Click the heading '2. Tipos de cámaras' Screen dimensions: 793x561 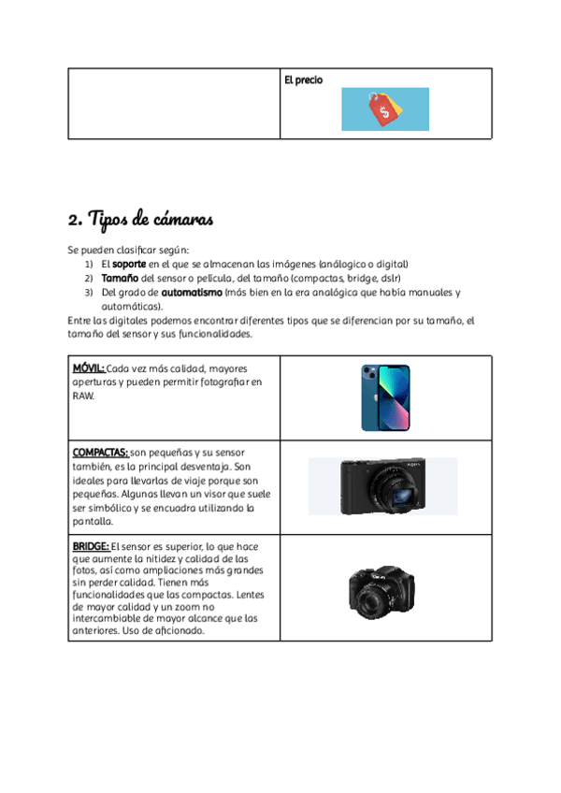pyautogui.click(x=141, y=221)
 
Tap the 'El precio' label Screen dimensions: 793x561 pyautogui.click(x=303, y=80)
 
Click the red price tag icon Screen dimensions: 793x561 pyautogui.click(x=384, y=111)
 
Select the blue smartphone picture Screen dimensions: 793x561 pyautogui.click(x=385, y=397)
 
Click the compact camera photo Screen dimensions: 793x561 pyautogui.click(x=382, y=485)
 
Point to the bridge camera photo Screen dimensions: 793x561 pyautogui.click(x=382, y=588)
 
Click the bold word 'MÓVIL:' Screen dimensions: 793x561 pyautogui.click(x=89, y=368)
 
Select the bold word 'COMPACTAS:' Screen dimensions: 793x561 pyautogui.click(x=100, y=453)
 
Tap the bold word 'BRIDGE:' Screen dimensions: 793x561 pyautogui.click(x=91, y=546)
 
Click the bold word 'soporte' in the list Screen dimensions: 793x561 pyautogui.click(x=129, y=265)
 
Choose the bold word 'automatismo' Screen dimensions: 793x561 pyautogui.click(x=192, y=292)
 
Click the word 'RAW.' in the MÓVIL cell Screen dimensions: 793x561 pyautogui.click(x=84, y=396)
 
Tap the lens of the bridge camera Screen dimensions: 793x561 pyautogui.click(x=373, y=595)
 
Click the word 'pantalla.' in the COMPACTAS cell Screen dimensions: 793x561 pyautogui.click(x=93, y=522)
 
